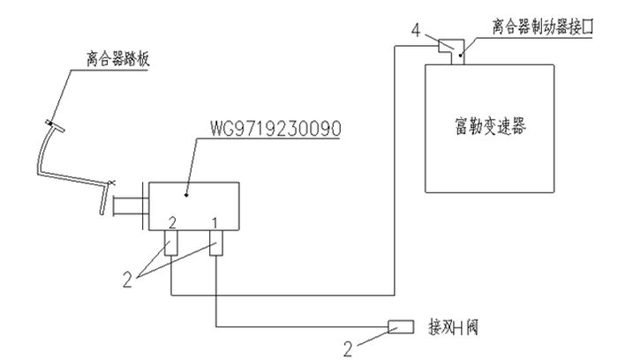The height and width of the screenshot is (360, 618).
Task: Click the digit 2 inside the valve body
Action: [x=174, y=218]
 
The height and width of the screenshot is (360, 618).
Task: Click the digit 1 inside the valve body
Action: [x=214, y=218]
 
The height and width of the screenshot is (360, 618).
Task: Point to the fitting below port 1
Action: [x=215, y=243]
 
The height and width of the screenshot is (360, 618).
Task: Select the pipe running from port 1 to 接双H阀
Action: [x=300, y=327]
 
